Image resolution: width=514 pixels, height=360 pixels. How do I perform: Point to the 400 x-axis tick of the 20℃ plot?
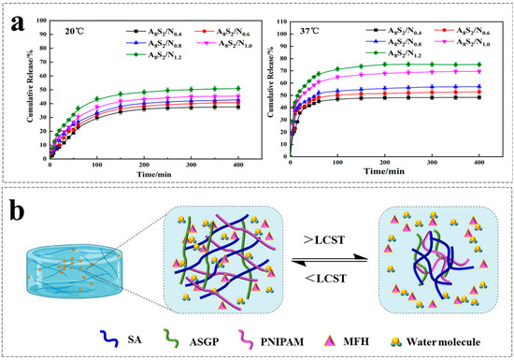pos(240,164)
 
